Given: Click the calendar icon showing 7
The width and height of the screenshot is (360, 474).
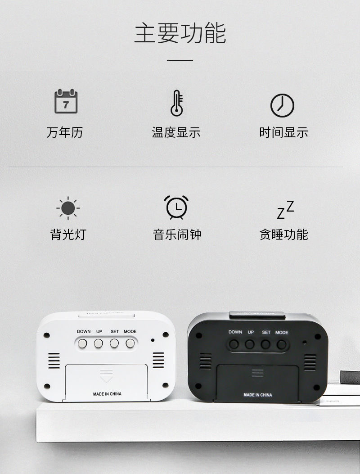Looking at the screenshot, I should tap(66, 102).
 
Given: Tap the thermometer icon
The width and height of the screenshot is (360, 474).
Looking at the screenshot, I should tap(176, 103).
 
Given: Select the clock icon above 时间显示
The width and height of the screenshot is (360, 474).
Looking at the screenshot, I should tap(282, 105).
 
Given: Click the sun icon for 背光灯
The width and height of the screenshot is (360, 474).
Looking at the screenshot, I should tap(68, 208).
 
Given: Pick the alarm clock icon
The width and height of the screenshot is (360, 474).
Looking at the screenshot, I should tap(176, 208).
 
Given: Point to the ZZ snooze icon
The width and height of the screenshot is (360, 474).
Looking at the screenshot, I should tap(285, 210).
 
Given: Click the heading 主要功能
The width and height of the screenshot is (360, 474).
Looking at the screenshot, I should tap(180, 34).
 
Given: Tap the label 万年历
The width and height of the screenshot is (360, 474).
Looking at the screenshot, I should tap(64, 132).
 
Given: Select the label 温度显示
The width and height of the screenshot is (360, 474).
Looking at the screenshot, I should tap(176, 132).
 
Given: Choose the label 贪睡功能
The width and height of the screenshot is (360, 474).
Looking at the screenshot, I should tap(283, 235).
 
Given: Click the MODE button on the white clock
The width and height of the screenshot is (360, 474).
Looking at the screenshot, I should tap(130, 343).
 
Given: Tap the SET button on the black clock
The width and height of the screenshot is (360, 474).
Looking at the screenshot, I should tap(266, 345).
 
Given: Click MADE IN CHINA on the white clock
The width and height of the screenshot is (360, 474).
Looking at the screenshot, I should tap(107, 394).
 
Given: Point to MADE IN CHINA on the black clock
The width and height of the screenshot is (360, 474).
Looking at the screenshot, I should tap(258, 395).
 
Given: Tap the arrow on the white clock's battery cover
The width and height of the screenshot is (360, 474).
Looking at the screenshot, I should tap(107, 374).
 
